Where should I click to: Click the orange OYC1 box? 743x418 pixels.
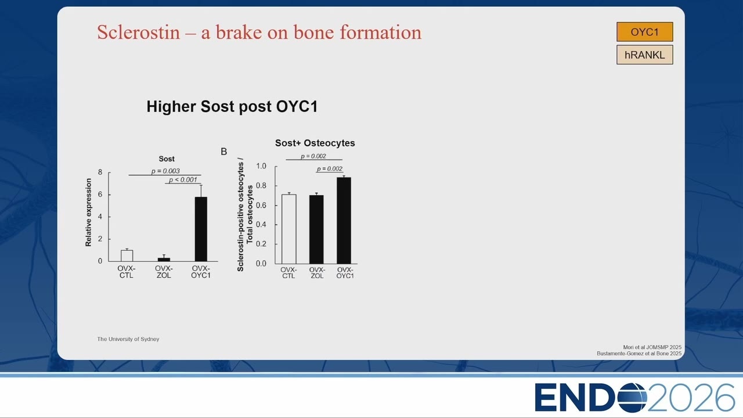point(644,32)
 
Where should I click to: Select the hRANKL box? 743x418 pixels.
point(644,55)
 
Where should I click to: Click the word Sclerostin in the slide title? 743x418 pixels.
point(138,32)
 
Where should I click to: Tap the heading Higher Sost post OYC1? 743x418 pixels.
point(232,106)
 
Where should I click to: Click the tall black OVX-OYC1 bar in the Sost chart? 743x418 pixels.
point(201,229)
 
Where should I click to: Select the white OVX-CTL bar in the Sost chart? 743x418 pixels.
point(127,256)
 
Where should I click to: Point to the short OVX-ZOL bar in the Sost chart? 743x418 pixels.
point(164,260)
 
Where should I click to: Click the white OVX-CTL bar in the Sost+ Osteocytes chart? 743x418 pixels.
point(289,229)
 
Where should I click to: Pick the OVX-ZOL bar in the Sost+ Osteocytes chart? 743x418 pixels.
point(316,229)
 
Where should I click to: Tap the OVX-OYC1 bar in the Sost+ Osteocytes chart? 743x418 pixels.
point(344,221)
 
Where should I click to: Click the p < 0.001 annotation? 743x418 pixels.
point(183,180)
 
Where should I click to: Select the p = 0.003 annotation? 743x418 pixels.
point(165,171)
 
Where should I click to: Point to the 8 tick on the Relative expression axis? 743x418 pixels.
point(100,172)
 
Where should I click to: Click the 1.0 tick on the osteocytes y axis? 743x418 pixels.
point(261,166)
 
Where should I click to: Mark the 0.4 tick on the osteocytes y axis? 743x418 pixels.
point(261,225)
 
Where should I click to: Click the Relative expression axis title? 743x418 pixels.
point(88,212)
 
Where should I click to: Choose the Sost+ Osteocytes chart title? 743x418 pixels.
point(315,143)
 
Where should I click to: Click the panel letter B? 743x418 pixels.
point(224,152)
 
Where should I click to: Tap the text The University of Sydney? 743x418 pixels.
point(128,339)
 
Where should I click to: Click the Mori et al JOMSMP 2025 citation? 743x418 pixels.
point(652,347)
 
